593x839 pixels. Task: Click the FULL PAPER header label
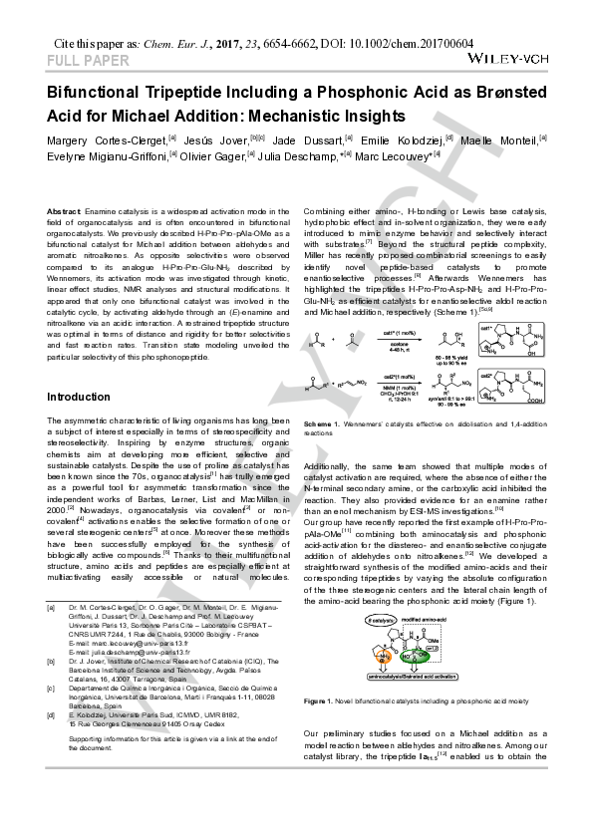[88, 61]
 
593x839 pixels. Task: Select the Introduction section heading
[79, 397]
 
